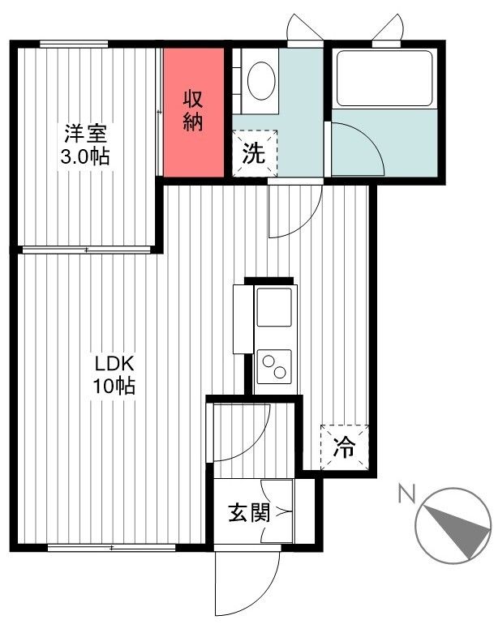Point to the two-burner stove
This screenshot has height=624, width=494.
[274, 366]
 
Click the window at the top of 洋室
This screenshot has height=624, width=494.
[81, 44]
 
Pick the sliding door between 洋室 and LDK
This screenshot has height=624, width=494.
[85, 250]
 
